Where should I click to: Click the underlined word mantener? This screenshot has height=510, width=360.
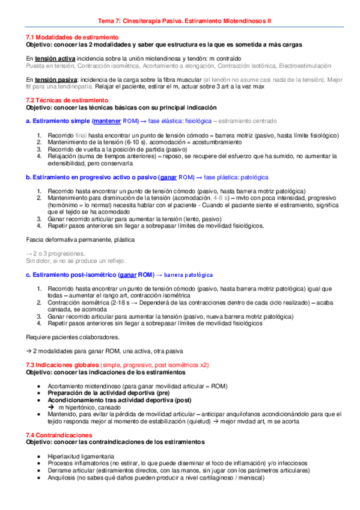106,120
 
